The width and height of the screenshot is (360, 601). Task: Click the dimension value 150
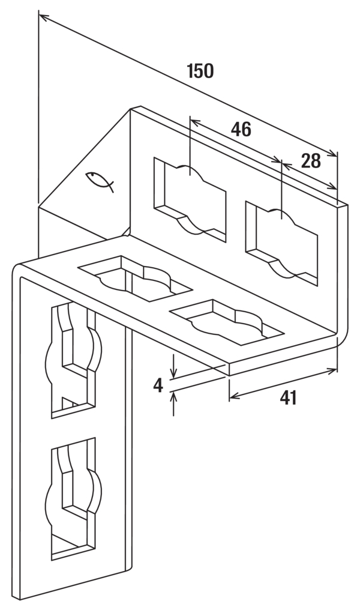coord(200,71)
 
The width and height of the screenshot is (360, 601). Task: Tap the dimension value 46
coord(241,130)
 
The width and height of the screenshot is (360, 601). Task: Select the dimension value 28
coord(311,162)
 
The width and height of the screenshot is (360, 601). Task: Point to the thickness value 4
coord(158,385)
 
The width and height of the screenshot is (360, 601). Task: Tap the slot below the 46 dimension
coord(190,199)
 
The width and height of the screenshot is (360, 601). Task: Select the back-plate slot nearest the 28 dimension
coord(281,243)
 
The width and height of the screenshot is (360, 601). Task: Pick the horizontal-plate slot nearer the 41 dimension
coord(227,322)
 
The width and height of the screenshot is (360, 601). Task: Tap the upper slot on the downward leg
coord(74,360)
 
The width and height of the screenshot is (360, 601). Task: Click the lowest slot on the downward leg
coord(74,498)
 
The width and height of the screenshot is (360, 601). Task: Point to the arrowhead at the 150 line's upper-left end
coord(43,17)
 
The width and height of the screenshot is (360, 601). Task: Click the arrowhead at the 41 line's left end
coord(233,396)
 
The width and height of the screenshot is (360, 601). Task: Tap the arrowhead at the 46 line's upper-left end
coord(194,122)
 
